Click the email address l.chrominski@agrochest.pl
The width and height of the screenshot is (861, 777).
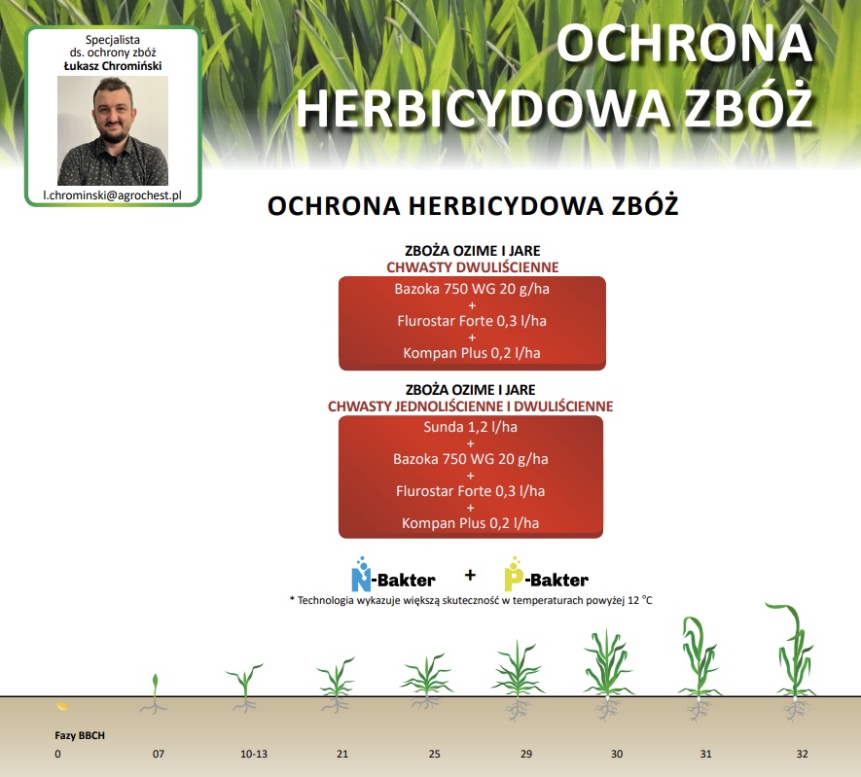(113, 195)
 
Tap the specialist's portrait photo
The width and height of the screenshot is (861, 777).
(113, 130)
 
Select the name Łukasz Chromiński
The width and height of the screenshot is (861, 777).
(113, 66)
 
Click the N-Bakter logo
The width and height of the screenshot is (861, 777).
(393, 575)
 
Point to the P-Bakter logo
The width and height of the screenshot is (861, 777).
(547, 575)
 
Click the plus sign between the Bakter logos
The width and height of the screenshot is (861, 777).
(470, 575)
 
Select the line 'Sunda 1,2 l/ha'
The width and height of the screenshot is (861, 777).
(471, 427)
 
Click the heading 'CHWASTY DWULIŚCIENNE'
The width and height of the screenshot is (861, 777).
(472, 267)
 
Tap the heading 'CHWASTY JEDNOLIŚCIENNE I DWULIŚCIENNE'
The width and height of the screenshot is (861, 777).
(471, 406)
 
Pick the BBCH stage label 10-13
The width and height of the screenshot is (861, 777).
(254, 754)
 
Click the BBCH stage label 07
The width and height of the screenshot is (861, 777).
(159, 754)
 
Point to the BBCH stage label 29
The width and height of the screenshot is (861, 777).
(526, 754)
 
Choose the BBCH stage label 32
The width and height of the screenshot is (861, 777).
(803, 754)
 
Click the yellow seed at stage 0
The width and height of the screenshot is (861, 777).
(62, 706)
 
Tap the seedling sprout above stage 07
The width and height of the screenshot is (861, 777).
(155, 694)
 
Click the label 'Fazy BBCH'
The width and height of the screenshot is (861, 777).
(80, 735)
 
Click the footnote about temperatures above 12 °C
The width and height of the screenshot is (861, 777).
(471, 600)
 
